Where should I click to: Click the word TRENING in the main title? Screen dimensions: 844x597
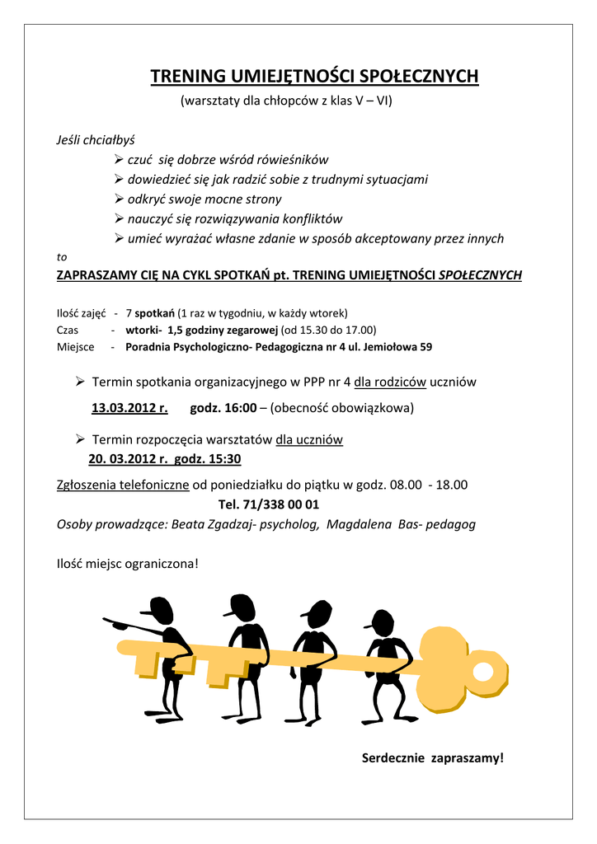[186, 77]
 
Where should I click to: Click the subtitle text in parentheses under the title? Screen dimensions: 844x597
[286, 101]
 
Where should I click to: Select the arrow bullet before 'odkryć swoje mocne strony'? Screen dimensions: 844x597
[119, 199]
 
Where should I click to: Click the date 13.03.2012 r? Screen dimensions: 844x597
[129, 407]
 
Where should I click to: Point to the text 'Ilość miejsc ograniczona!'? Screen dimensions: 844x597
[127, 565]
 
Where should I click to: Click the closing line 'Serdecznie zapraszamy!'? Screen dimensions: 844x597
[432, 757]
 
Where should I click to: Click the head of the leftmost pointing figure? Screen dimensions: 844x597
[160, 610]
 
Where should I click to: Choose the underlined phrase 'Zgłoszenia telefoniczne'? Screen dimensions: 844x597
[123, 485]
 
